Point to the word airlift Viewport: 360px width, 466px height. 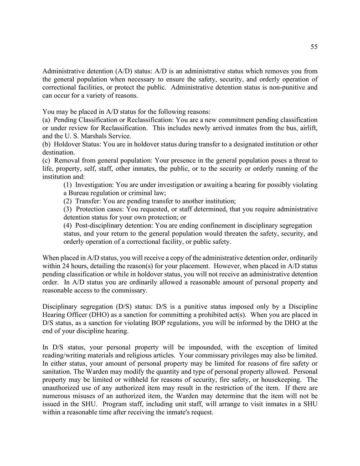pos(308,128)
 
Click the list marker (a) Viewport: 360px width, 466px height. pos(46,120)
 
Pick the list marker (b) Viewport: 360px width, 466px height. pos(46,144)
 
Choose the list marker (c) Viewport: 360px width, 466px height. pos(46,160)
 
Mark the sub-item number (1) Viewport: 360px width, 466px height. pos(67,185)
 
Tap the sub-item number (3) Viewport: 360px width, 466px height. pos(67,209)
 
